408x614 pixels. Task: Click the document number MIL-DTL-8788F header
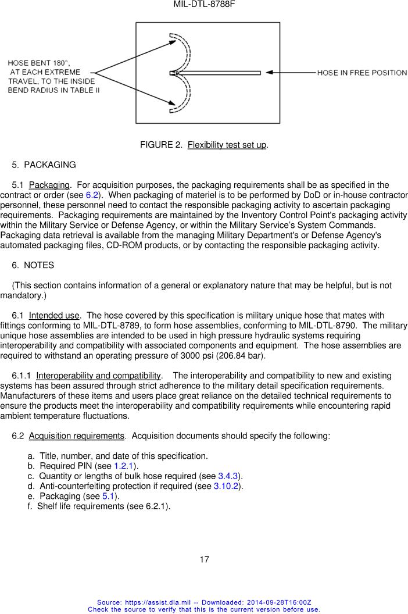click(204, 5)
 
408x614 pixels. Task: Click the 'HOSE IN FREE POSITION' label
click(362, 73)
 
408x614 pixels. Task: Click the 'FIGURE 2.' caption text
click(160, 145)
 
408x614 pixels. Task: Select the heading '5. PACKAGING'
click(44, 165)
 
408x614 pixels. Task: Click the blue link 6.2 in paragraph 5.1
click(92, 195)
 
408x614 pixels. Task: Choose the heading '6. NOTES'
click(33, 265)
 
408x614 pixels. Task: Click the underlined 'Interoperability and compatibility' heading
click(98, 376)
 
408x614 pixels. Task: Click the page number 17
click(204, 560)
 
